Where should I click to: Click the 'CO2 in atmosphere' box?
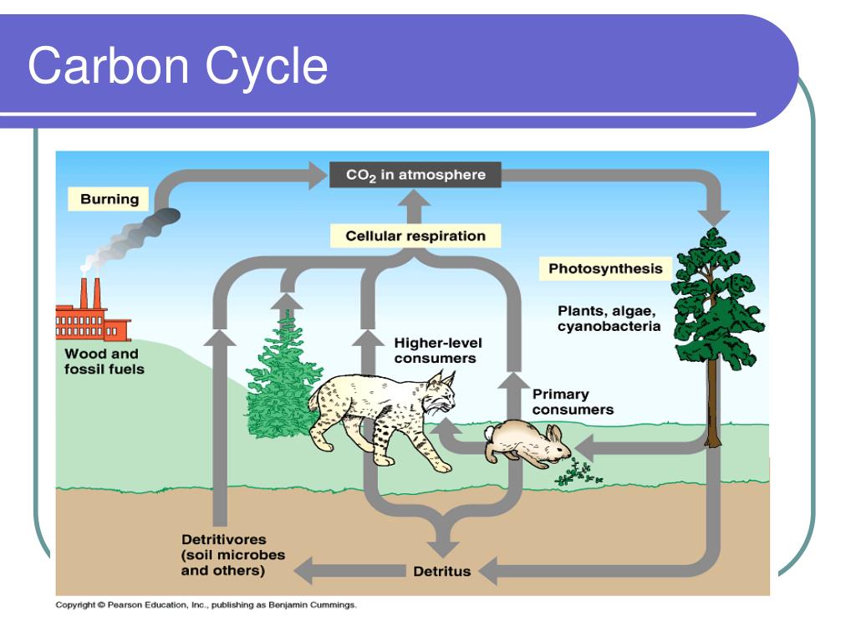coord(415,175)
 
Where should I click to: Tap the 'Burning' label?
coord(110,199)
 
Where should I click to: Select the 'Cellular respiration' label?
coord(415,236)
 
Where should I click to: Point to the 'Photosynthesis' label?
coord(605,268)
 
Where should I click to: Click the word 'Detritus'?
coord(441,572)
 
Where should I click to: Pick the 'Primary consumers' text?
coord(573,402)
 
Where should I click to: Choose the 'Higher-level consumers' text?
coord(438,350)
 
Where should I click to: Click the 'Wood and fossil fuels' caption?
coord(104,361)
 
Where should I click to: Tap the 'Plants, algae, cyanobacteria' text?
coord(609,318)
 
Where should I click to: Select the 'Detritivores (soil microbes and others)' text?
coord(233,555)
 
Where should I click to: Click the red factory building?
coord(92,317)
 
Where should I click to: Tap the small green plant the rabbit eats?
coord(578,473)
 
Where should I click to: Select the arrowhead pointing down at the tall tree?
coord(714,217)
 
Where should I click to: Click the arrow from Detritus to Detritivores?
coord(349,571)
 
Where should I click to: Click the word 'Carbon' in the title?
coord(109,66)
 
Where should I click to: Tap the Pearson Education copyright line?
coord(206,605)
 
